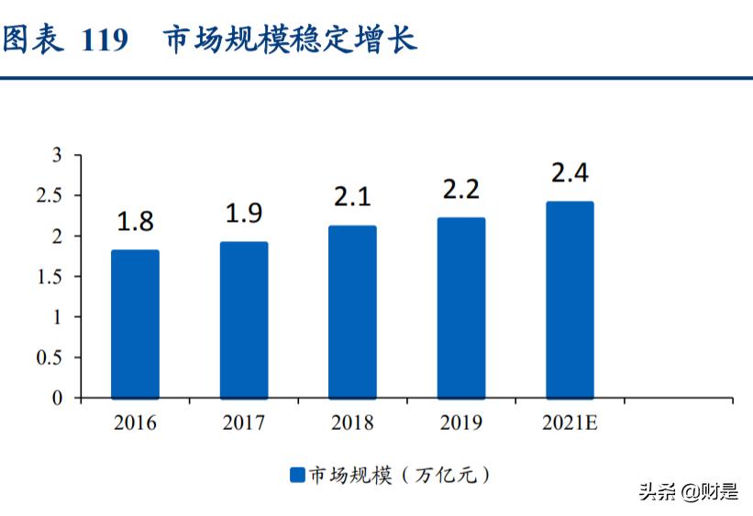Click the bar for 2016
click(x=135, y=324)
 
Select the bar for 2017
click(x=244, y=320)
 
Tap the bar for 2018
click(x=352, y=312)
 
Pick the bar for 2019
click(x=461, y=308)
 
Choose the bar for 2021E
click(x=570, y=300)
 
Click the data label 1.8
click(x=135, y=221)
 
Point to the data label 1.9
click(x=244, y=213)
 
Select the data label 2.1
click(x=352, y=196)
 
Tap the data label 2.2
click(x=461, y=189)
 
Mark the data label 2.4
click(x=570, y=172)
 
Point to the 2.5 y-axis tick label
click(x=50, y=196)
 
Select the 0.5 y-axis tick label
click(x=50, y=357)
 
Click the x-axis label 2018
click(x=352, y=423)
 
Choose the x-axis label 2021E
click(x=570, y=423)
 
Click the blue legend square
click(x=296, y=475)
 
